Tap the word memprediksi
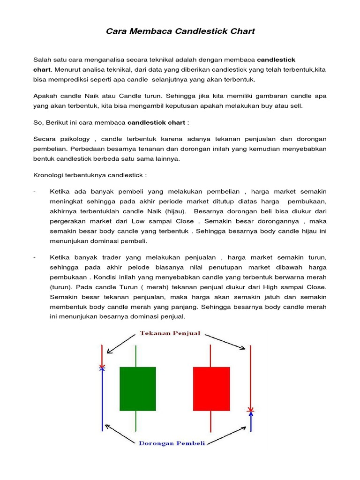69,79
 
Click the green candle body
137,388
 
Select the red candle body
211,388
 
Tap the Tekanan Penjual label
170,334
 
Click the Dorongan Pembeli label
172,443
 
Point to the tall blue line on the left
102,398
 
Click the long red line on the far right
251,375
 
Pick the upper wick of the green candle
136,356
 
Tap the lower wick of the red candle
211,420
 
